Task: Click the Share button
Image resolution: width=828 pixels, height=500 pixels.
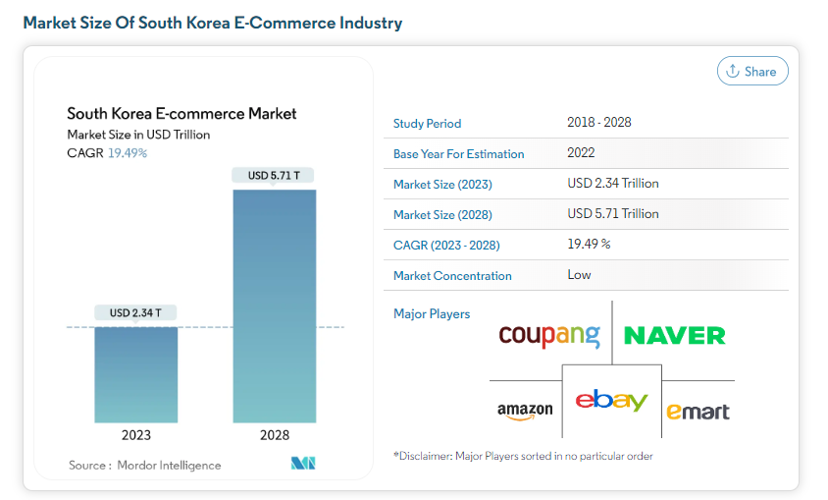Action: [752, 71]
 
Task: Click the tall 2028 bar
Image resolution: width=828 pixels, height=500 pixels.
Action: [274, 306]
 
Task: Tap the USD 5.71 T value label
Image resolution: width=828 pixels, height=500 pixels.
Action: [274, 175]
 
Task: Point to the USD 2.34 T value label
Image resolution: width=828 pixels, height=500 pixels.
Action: [136, 312]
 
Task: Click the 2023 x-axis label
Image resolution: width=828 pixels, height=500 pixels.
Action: [136, 435]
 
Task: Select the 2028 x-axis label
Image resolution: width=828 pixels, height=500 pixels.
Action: [274, 435]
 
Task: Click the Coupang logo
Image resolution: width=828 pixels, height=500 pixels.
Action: [548, 335]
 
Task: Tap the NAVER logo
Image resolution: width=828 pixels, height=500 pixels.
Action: [675, 336]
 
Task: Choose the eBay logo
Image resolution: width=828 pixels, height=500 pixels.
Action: [611, 401]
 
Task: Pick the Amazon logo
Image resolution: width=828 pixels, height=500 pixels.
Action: [525, 412]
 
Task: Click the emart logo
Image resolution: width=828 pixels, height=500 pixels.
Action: [698, 411]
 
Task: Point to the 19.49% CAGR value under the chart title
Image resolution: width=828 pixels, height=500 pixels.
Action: [128, 152]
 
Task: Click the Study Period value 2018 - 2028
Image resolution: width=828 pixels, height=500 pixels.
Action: [598, 123]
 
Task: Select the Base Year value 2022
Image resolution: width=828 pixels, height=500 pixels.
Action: [581, 153]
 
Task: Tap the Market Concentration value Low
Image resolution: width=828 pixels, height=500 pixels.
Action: [579, 275]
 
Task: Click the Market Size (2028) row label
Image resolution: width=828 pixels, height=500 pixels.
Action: [442, 214]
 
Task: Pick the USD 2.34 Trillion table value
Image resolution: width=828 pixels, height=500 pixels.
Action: [612, 184]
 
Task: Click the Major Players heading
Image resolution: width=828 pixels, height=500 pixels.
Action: [432, 314]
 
